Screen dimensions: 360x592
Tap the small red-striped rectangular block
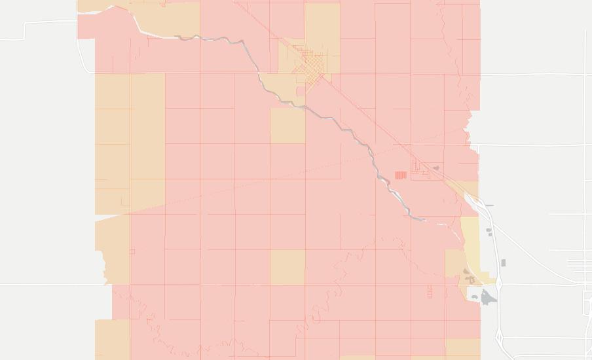click(400, 175)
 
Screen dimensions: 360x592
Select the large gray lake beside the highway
click(489, 298)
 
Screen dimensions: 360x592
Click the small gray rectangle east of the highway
click(503, 263)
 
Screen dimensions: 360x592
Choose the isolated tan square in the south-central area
click(287, 267)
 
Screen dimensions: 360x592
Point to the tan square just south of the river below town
click(287, 125)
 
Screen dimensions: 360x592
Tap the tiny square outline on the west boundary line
click(132, 251)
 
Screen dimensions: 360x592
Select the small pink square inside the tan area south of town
click(301, 91)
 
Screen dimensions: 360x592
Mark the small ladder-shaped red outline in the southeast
click(430, 291)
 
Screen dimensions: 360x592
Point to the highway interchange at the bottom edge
click(501, 340)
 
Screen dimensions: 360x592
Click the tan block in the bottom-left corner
click(112, 339)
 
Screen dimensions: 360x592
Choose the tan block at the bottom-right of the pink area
click(462, 348)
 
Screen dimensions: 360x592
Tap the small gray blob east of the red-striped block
click(436, 168)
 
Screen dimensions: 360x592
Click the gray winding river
click(354, 134)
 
